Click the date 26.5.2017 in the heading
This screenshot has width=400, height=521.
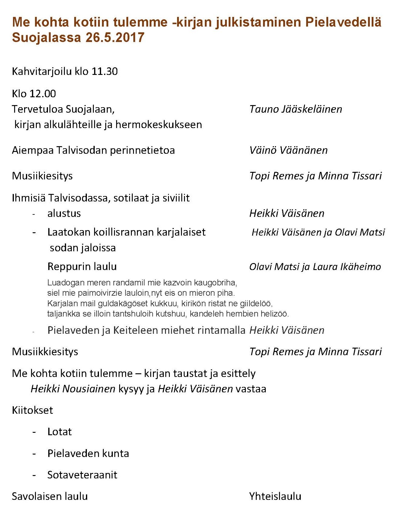(115, 37)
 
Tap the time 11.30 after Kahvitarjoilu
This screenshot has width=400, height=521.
(104, 72)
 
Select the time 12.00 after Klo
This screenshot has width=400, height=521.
(43, 94)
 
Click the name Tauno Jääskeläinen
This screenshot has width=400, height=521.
(296, 109)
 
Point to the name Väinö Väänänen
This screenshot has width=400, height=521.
(288, 150)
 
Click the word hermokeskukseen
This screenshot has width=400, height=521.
(159, 125)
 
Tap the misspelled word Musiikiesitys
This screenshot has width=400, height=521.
(42, 176)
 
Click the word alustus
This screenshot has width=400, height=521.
(64, 214)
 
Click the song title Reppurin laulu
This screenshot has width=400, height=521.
(82, 267)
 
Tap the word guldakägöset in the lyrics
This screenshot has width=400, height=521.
(123, 303)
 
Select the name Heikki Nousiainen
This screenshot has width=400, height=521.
(73, 389)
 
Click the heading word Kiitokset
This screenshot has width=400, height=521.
(32, 410)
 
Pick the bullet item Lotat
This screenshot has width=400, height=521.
(59, 432)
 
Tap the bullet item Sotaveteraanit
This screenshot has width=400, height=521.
(82, 475)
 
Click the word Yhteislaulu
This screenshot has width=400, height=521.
(275, 496)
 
